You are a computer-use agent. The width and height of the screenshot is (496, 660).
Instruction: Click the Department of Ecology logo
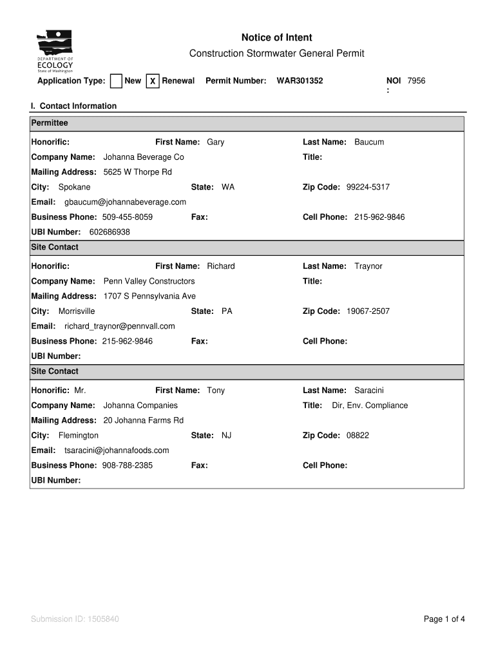(55, 52)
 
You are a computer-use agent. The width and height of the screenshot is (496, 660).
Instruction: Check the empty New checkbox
(116, 81)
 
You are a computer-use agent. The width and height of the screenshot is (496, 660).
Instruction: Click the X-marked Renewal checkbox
(153, 81)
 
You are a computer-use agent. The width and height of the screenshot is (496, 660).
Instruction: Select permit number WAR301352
(300, 81)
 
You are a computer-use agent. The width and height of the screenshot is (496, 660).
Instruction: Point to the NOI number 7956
(416, 81)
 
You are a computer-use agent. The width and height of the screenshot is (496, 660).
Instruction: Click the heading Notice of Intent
(276, 38)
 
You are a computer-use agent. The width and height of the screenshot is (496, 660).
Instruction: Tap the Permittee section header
(50, 123)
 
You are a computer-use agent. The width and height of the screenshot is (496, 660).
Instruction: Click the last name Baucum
(369, 142)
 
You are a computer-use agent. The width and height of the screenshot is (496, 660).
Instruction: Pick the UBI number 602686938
(110, 232)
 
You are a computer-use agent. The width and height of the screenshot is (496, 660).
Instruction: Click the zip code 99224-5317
(368, 188)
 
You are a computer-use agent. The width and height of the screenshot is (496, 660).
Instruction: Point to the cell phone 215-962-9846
(379, 217)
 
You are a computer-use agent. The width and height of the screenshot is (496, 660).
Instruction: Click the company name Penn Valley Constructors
(149, 282)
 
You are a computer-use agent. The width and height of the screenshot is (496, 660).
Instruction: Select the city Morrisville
(77, 311)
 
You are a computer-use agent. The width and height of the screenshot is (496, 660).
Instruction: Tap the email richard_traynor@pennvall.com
(119, 326)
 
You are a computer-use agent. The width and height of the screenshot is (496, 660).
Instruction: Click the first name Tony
(216, 391)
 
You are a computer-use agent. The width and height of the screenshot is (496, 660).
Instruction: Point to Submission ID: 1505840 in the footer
(75, 620)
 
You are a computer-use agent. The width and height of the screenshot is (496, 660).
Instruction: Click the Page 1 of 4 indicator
(444, 620)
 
